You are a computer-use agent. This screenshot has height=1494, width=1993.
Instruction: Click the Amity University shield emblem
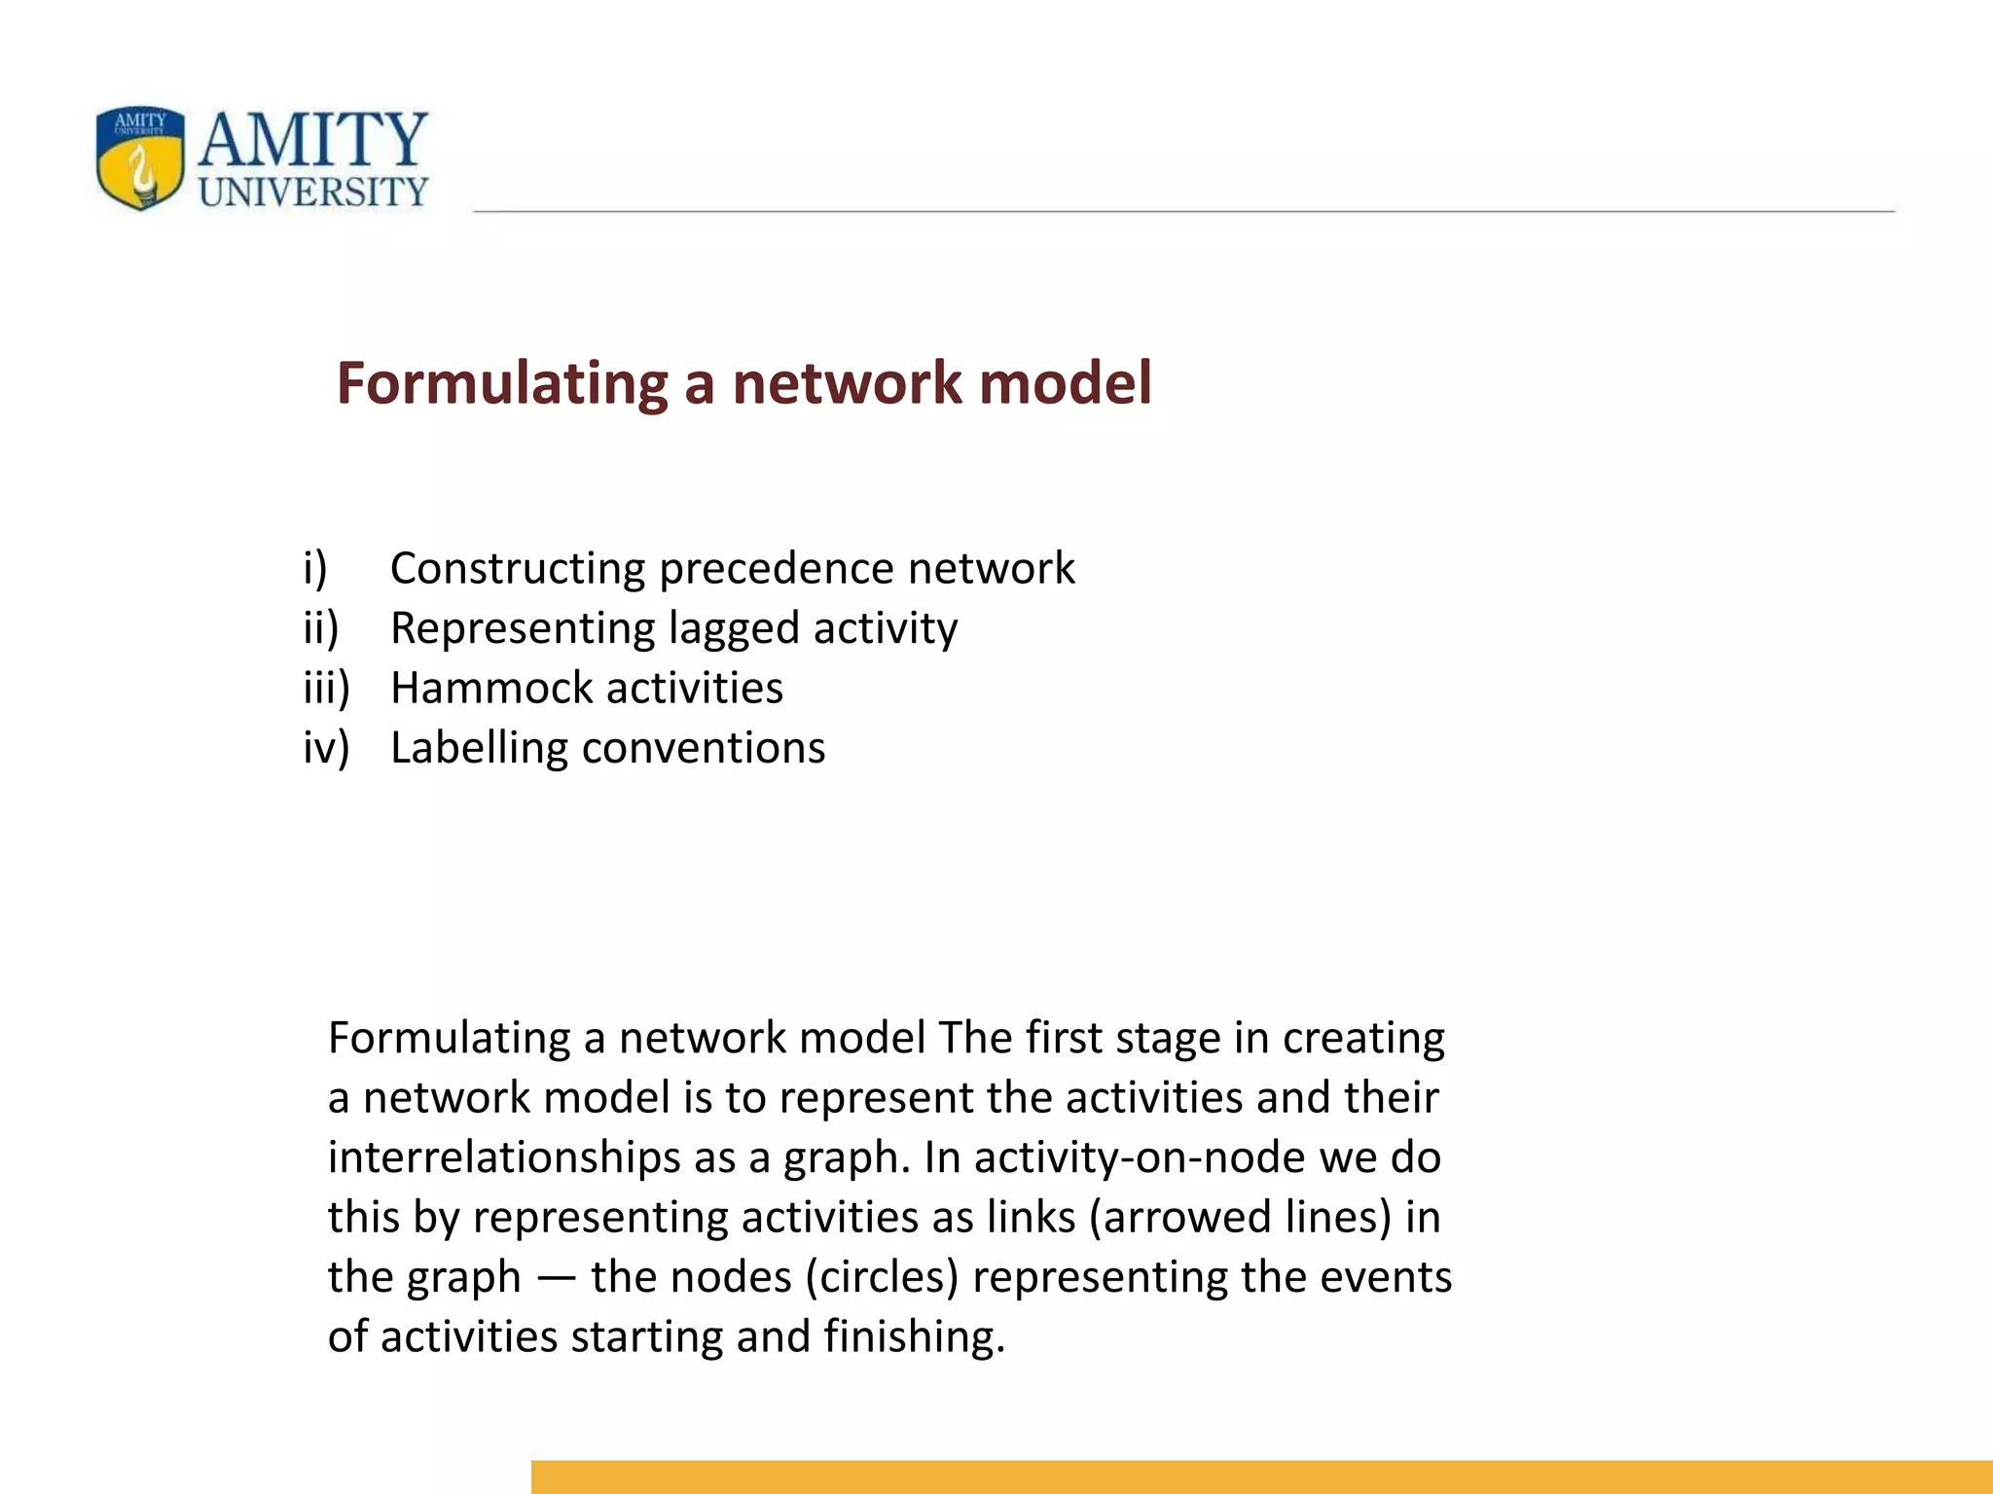pyautogui.click(x=140, y=158)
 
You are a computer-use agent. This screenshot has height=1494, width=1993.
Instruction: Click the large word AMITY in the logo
pyautogui.click(x=313, y=140)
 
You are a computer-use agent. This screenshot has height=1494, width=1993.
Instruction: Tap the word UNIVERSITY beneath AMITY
pyautogui.click(x=313, y=192)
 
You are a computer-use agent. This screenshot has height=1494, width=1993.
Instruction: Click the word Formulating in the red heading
pyautogui.click(x=501, y=383)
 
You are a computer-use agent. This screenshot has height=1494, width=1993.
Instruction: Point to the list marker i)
pyautogui.click(x=315, y=568)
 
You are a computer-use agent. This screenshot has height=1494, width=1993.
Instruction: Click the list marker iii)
pyautogui.click(x=326, y=688)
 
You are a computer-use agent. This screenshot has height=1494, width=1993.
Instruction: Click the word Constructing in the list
pyautogui.click(x=518, y=569)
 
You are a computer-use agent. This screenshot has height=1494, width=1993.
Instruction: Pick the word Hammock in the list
pyautogui.click(x=471, y=689)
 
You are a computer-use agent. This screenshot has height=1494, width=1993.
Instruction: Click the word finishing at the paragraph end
pyautogui.click(x=914, y=1337)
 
